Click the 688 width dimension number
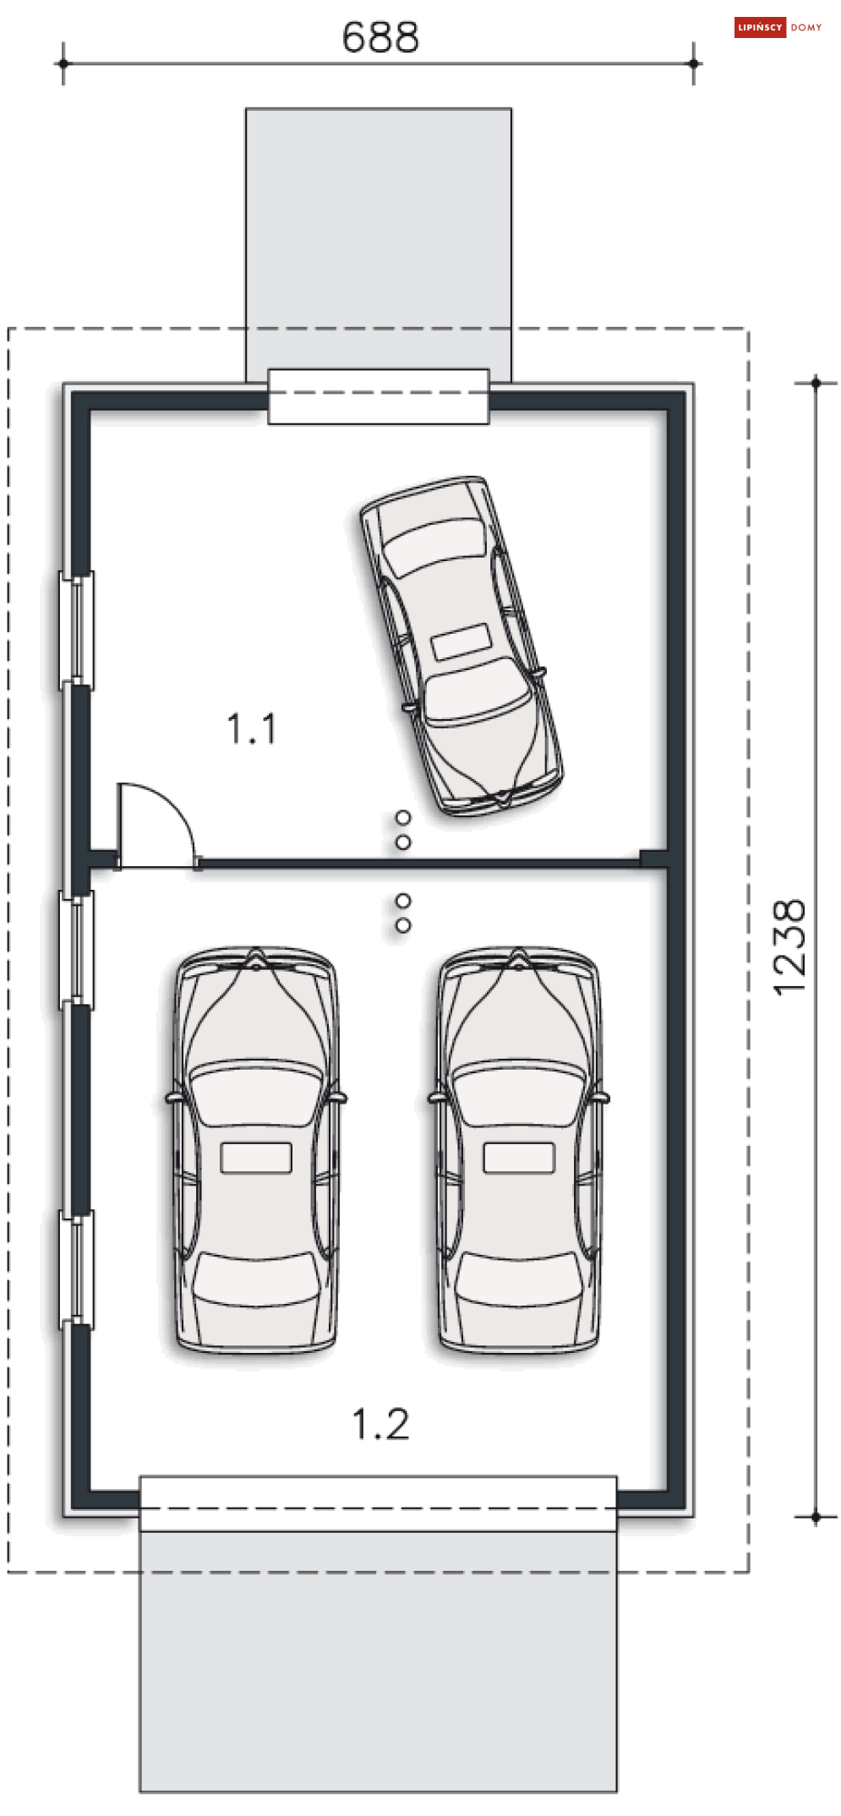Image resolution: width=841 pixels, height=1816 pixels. coord(380,37)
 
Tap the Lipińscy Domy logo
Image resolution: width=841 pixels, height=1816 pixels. coord(778,28)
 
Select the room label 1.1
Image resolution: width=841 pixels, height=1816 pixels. coord(252,728)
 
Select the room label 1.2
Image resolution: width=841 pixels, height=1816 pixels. coord(380,1424)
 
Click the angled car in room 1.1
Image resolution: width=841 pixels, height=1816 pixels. coord(461,646)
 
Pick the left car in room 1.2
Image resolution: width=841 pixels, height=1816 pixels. coord(256,1149)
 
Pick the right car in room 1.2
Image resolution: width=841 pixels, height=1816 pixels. coord(519,1149)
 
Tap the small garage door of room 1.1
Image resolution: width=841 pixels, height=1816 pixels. coord(379,396)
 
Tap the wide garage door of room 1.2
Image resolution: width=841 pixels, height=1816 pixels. coord(379,1503)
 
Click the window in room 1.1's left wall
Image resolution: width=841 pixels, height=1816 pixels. coord(76,630)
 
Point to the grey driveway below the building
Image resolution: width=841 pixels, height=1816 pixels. coord(379,1661)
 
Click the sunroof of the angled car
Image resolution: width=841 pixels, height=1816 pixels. coord(461,642)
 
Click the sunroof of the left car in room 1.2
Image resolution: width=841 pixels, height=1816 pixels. coord(256,1158)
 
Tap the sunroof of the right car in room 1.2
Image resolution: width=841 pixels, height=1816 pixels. coord(519,1158)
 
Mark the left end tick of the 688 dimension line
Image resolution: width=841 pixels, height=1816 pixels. coord(63,63)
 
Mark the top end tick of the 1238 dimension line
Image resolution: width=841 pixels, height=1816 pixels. coord(816,383)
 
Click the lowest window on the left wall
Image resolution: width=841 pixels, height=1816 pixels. coord(76,1268)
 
